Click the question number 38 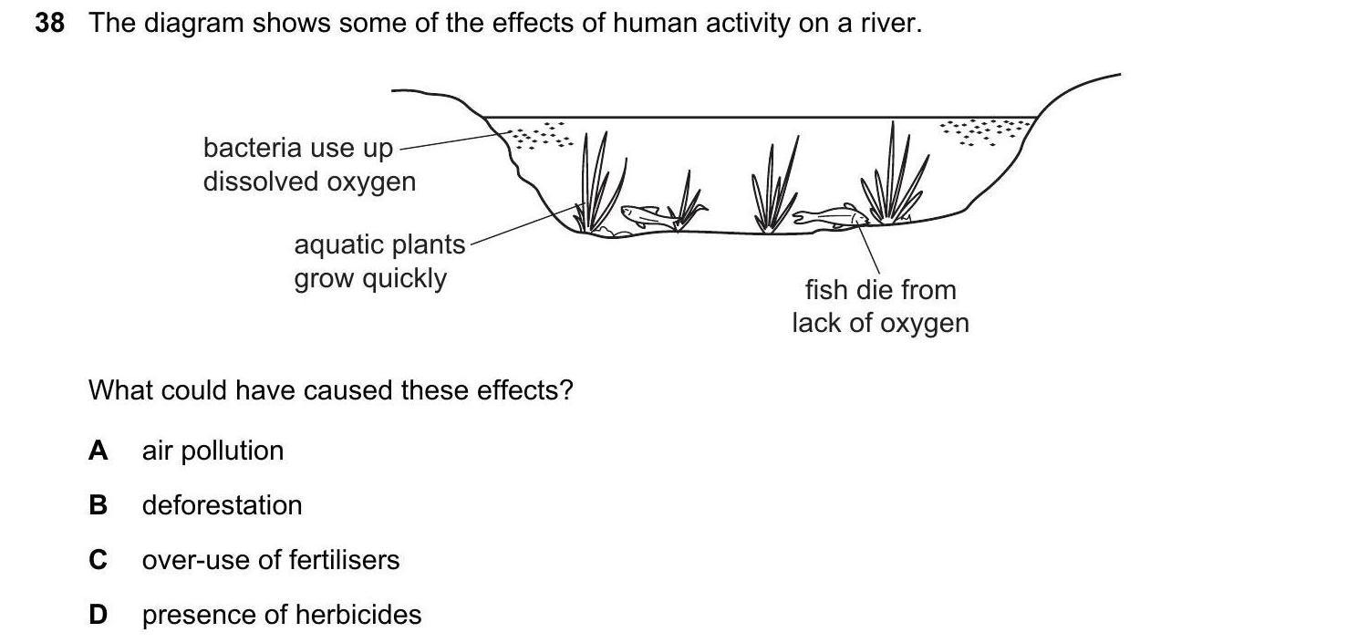tap(49, 24)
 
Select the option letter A tap(98, 451)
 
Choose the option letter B tap(98, 505)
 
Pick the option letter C tap(98, 560)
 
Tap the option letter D tap(98, 615)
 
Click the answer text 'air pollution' tap(212, 451)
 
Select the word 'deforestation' tap(222, 505)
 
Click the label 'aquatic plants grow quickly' tap(378, 261)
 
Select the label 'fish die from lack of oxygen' tap(880, 306)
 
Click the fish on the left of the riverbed tap(644, 216)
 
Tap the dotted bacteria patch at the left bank tap(540, 137)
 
